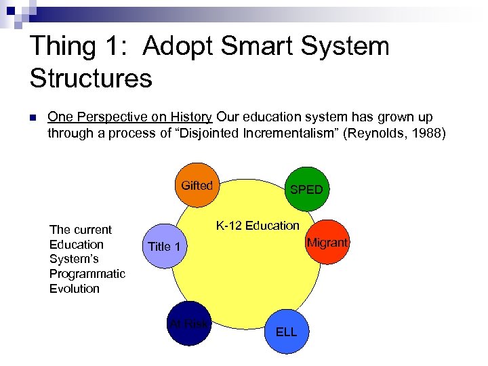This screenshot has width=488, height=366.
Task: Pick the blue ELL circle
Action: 286,331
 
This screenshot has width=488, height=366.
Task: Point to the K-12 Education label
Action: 258,225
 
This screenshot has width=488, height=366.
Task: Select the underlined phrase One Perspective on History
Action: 130,117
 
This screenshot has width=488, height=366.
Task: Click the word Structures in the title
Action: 91,78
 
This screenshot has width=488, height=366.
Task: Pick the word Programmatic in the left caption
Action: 87,274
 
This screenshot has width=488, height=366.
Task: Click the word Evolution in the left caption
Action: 74,289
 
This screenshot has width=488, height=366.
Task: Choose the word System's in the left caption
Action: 75,259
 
